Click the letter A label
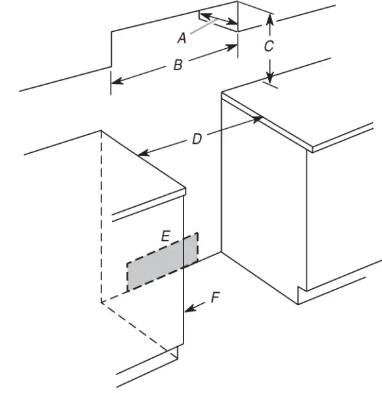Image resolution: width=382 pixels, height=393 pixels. click(x=182, y=38)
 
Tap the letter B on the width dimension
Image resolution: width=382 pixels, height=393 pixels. click(x=177, y=65)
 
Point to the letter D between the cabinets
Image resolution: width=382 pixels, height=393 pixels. click(x=196, y=139)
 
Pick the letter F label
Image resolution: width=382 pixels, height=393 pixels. click(x=215, y=299)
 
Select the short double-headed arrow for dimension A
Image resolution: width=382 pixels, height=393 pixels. click(x=218, y=18)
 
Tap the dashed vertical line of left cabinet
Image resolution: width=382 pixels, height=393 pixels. click(x=101, y=215)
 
